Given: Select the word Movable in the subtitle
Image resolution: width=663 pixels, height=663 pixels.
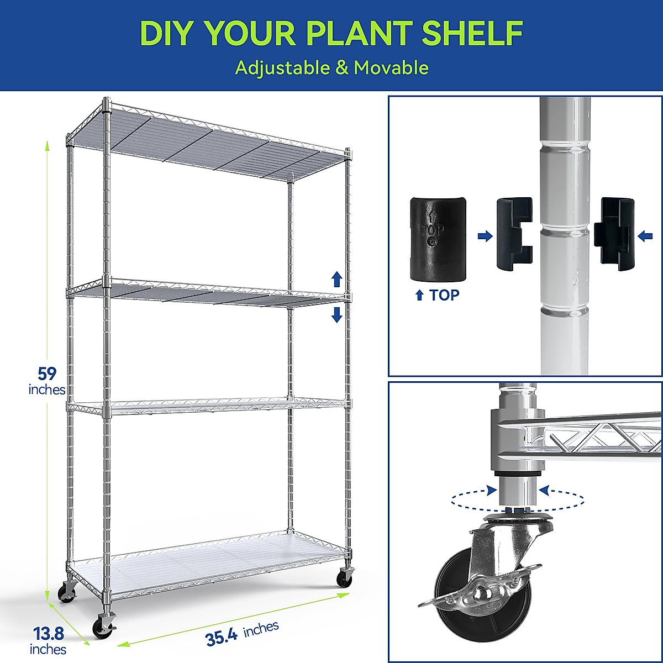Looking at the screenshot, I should pyautogui.click(x=391, y=68).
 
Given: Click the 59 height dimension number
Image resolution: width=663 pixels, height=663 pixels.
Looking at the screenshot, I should pyautogui.click(x=47, y=373).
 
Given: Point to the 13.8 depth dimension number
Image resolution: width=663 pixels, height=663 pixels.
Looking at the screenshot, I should pyautogui.click(x=48, y=633).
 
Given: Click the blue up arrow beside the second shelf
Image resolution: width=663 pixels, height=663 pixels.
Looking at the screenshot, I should pyautogui.click(x=336, y=279).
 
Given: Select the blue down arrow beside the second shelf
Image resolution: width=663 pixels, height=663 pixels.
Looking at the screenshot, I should pyautogui.click(x=336, y=315).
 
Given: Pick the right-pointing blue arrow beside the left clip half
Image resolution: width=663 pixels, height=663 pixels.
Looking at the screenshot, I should pyautogui.click(x=485, y=236).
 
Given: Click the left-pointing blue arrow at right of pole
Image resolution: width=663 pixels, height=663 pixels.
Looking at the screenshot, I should pyautogui.click(x=645, y=236).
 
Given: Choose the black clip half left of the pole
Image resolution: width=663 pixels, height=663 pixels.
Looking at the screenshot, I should pyautogui.click(x=514, y=234).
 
